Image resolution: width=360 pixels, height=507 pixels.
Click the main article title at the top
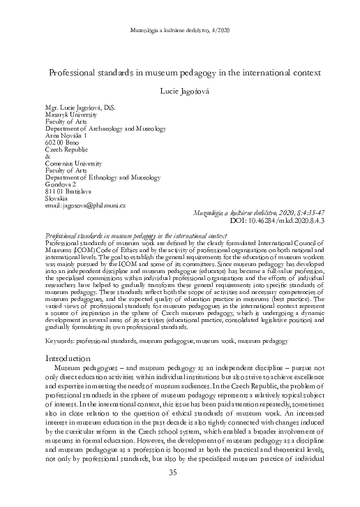pyautogui.click(x=180, y=72)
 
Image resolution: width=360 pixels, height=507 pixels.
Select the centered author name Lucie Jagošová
pyautogui.click(x=180, y=91)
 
